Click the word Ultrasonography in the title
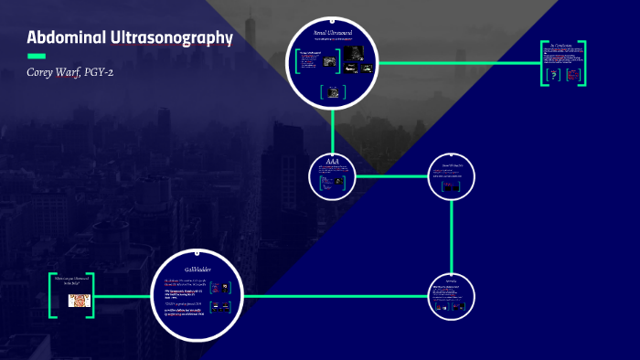point(173,38)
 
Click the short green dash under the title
point(37,56)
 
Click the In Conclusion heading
point(562,46)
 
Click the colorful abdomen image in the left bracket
point(77,298)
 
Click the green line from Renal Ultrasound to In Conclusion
point(457,63)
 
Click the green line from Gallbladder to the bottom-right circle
point(338,296)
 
